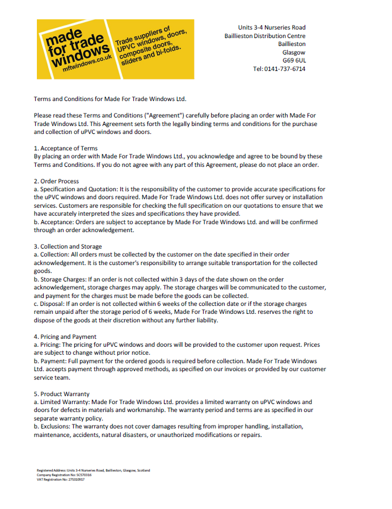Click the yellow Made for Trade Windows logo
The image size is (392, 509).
tap(115, 49)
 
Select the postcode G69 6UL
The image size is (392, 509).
tap(294, 60)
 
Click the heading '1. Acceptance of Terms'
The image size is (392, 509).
tap(65, 149)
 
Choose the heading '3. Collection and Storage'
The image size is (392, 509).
tap(68, 246)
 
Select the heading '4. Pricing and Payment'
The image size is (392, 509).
tap(65, 336)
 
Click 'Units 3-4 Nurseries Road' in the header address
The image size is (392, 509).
tap(271, 27)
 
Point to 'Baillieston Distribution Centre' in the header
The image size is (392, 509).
tap(264, 36)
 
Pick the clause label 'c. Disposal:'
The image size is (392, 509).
tap(53, 304)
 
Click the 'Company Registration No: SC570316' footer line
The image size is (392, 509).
tap(64, 474)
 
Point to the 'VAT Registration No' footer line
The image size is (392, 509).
tap(61, 479)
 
